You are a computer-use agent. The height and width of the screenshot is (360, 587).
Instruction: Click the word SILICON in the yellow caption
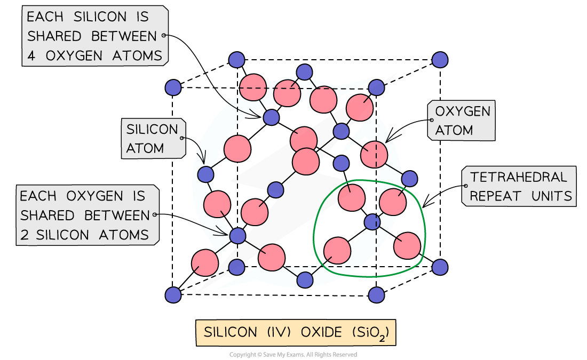[230, 333]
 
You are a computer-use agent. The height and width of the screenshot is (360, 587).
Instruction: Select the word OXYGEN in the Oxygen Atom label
[463, 111]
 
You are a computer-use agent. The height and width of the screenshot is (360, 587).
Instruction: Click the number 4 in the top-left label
[31, 55]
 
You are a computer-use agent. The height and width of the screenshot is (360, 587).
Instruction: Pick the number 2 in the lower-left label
[25, 235]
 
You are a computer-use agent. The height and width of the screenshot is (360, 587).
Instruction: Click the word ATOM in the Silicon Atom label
[145, 148]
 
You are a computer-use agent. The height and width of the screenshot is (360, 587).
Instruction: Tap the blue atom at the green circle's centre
[372, 222]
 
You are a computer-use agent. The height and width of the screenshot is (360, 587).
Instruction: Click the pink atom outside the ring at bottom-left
[205, 262]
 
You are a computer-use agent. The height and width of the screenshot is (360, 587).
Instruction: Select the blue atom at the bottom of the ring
[305, 279]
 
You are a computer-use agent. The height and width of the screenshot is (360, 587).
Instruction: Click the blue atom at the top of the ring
[304, 72]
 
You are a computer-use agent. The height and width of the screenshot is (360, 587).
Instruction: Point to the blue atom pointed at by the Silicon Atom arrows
[205, 174]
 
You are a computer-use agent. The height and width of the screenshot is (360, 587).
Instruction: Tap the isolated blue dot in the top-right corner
[440, 60]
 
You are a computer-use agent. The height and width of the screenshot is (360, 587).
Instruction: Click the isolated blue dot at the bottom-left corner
[173, 295]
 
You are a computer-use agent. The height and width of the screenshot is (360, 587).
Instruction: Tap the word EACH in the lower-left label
[38, 196]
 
